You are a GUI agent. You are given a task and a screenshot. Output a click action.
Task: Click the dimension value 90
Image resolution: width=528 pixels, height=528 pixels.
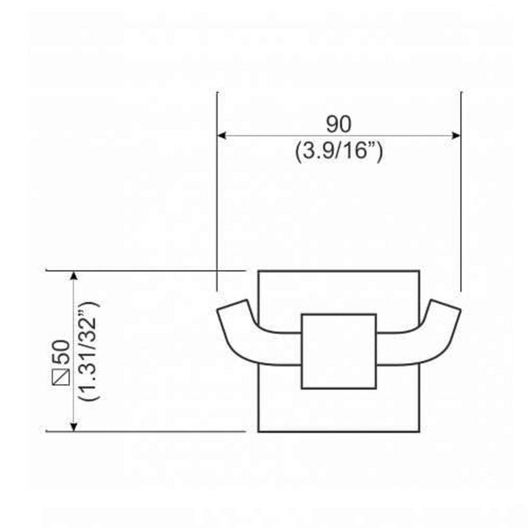[x=338, y=125]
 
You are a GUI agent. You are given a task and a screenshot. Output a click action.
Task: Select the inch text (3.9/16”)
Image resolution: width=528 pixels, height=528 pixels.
[x=338, y=153]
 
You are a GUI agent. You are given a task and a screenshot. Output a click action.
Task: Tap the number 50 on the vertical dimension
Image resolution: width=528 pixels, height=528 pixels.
[x=61, y=351]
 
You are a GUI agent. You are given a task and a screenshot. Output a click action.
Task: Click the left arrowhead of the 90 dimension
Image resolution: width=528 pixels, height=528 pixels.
[x=222, y=136]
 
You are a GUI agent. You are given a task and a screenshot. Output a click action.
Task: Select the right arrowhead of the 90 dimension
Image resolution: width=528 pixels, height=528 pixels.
[x=457, y=136]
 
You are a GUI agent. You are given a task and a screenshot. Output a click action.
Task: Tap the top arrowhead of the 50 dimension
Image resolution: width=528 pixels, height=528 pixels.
[x=74, y=276]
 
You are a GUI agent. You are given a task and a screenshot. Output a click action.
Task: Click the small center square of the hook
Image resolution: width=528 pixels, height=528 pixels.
[x=338, y=351]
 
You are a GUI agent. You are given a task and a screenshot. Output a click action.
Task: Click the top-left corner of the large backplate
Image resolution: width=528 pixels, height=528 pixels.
[x=258, y=271]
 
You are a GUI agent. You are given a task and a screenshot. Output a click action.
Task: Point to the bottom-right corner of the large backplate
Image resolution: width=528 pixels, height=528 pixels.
[x=419, y=431]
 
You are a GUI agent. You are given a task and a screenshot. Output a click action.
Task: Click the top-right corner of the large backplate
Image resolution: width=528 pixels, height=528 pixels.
[x=419, y=271]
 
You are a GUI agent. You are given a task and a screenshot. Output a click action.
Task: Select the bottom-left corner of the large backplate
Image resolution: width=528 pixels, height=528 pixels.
[x=258, y=431]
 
